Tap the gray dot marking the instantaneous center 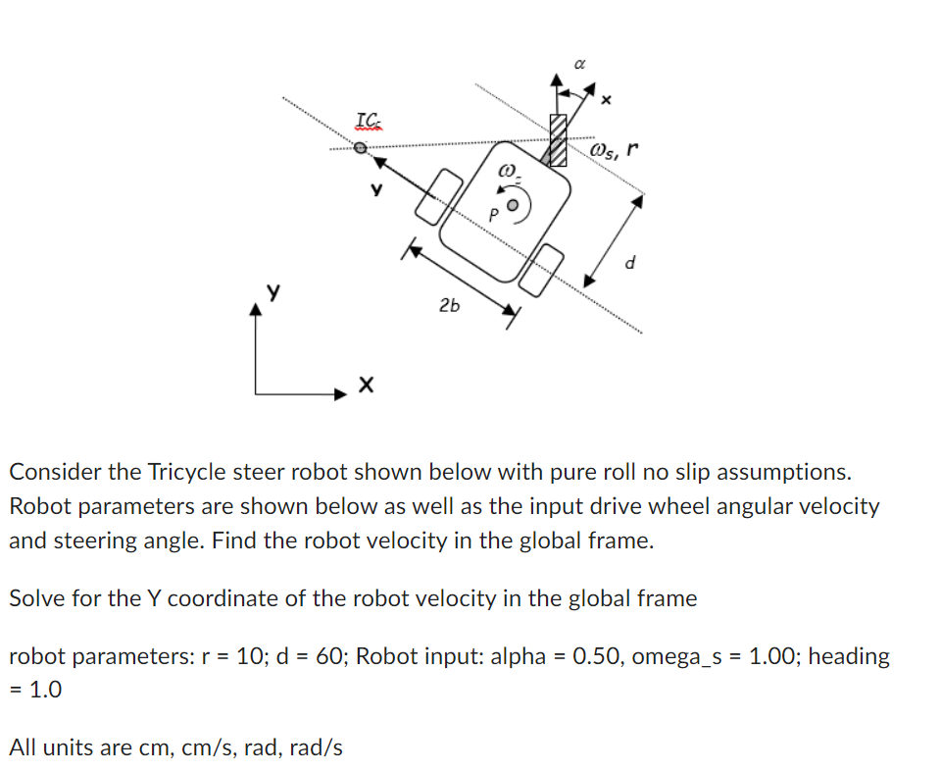361,148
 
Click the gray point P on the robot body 511,208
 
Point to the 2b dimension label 449,306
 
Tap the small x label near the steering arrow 605,100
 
